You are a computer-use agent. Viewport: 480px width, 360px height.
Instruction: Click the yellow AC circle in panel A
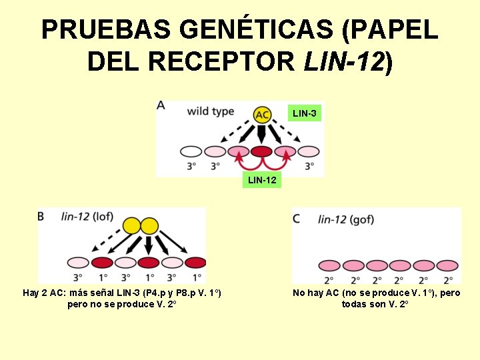click(262, 115)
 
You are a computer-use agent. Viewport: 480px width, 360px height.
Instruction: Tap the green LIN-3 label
click(305, 114)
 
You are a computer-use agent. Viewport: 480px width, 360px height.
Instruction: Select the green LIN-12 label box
click(262, 180)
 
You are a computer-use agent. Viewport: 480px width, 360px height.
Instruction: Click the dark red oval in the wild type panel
click(261, 152)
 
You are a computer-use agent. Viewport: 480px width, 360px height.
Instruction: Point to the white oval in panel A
click(191, 152)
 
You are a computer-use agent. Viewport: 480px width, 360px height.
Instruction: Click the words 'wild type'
click(211, 111)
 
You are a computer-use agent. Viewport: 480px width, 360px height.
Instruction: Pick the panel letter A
click(161, 105)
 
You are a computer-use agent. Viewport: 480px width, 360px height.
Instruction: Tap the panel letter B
click(41, 216)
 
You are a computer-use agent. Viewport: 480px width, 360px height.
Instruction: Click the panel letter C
click(296, 218)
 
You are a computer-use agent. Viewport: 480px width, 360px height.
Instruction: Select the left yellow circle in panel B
click(132, 225)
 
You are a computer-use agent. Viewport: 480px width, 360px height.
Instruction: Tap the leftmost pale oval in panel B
click(78, 263)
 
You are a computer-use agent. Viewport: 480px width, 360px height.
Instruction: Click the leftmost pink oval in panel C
click(329, 265)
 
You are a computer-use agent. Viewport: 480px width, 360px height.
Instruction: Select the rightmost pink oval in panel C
click(447, 265)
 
